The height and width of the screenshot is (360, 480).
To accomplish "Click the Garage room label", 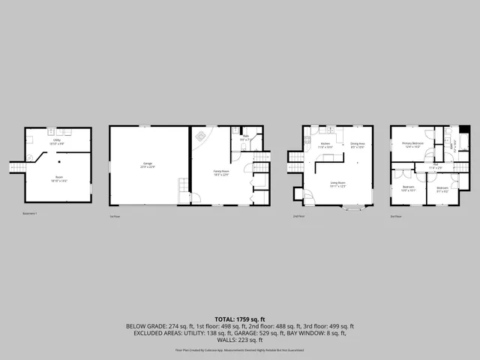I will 148,165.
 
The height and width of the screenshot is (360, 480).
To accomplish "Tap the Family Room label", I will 221,173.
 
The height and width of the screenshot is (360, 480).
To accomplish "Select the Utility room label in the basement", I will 57,141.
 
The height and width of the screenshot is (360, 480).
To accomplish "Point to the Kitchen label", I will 325,145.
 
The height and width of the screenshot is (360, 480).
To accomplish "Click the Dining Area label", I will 358,145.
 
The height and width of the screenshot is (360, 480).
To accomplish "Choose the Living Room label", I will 338,183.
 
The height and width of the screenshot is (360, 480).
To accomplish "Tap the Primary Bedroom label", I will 413,144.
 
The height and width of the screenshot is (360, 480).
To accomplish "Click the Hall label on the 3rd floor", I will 436,166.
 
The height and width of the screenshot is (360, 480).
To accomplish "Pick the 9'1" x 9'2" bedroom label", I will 442,188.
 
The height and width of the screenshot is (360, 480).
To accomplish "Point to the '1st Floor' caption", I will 115,216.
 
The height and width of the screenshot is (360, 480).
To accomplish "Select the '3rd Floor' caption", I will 395,216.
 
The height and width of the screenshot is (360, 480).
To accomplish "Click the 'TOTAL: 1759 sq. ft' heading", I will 240,319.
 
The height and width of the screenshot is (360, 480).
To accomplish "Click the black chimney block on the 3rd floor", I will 465,129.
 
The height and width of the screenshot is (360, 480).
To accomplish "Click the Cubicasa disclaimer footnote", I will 240,349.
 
